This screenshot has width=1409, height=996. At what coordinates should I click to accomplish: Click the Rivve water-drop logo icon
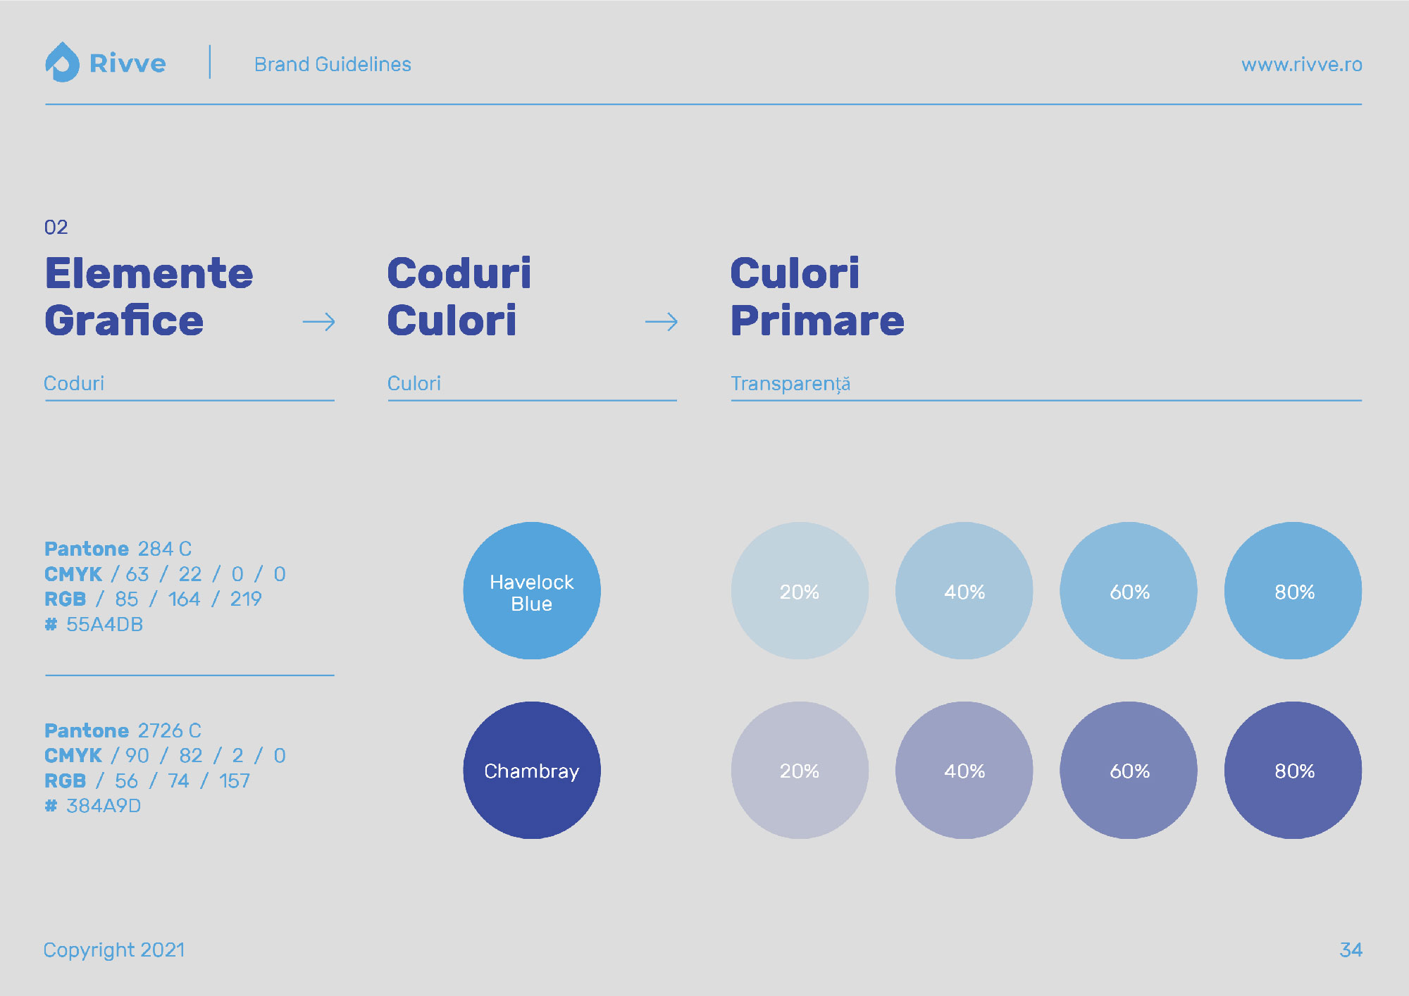[62, 62]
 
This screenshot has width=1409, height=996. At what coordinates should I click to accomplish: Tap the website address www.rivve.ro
[1301, 64]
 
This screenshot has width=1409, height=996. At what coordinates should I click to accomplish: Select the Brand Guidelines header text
[333, 64]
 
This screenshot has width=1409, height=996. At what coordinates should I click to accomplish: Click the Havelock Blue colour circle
[532, 590]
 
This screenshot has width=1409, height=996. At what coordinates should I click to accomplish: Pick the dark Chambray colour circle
[532, 770]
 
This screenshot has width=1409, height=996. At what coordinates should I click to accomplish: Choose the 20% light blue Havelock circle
[800, 590]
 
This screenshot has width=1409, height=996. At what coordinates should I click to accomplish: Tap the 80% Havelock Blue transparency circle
[1293, 590]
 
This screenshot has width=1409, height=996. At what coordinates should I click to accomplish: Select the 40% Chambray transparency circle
[964, 770]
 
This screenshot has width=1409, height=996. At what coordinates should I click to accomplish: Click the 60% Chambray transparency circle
[1129, 770]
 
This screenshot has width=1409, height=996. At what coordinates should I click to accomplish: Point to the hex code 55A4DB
[104, 624]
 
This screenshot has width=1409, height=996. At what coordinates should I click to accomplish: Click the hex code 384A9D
[104, 806]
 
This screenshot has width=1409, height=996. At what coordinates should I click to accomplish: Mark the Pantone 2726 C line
[123, 730]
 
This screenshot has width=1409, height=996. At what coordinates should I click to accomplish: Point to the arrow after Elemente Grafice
[319, 322]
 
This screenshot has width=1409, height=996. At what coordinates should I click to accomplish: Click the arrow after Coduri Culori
[662, 322]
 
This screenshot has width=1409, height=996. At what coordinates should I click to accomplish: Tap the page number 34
[1351, 950]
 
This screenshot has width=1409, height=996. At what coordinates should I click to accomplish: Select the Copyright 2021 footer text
[114, 950]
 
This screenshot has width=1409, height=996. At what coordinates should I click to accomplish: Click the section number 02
[56, 227]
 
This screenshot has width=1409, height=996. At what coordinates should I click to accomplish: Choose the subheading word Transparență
[790, 384]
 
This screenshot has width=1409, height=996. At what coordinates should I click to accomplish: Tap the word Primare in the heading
[817, 320]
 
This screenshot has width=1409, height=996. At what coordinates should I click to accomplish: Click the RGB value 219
[246, 599]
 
